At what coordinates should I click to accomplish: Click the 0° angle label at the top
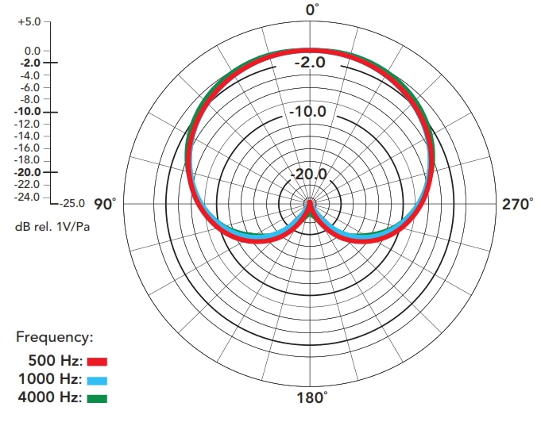click(x=312, y=10)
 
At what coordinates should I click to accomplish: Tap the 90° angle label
click(x=105, y=204)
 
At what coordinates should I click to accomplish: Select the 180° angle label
click(x=312, y=397)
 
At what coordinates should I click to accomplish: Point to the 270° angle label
click(x=517, y=204)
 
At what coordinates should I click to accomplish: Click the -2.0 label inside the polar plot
click(x=310, y=63)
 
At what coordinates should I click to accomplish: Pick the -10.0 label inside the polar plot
click(x=307, y=111)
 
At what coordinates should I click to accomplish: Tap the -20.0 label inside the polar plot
click(x=308, y=174)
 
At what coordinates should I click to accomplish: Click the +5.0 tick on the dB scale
click(x=29, y=21)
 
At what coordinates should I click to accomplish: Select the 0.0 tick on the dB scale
click(x=32, y=51)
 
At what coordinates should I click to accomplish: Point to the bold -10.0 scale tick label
click(x=28, y=112)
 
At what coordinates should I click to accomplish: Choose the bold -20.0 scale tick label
click(x=28, y=172)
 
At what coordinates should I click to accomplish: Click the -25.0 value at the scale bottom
click(x=71, y=203)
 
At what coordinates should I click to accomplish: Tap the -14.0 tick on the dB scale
click(x=28, y=136)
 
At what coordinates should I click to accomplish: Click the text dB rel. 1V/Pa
click(x=52, y=226)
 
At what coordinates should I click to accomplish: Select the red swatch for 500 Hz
click(x=97, y=362)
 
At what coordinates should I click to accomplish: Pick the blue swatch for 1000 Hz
click(x=97, y=380)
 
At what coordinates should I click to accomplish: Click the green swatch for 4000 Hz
click(x=97, y=398)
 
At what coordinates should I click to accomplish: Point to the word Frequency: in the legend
click(x=55, y=337)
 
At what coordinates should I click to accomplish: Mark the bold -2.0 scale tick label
click(x=30, y=63)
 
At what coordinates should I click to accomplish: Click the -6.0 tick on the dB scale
click(x=30, y=87)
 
